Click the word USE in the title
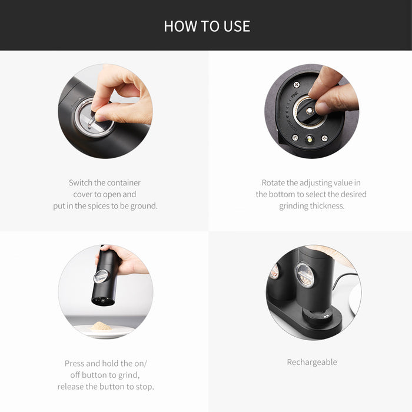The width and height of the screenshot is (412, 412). [x=237, y=26]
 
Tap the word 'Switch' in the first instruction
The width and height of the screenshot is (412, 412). [x=81, y=182]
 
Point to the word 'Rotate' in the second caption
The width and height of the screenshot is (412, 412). [x=274, y=182]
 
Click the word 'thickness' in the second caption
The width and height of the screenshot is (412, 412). [x=326, y=206]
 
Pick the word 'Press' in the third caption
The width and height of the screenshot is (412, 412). [x=75, y=363]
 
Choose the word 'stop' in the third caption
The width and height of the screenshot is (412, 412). [x=144, y=387]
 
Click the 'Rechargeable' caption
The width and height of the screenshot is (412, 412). [x=312, y=362]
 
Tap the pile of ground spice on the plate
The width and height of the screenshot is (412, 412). [x=101, y=325]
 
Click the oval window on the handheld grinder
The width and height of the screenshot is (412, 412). [x=101, y=275]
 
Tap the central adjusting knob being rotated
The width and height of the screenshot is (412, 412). [x=309, y=111]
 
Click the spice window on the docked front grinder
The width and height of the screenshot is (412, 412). [x=304, y=275]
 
